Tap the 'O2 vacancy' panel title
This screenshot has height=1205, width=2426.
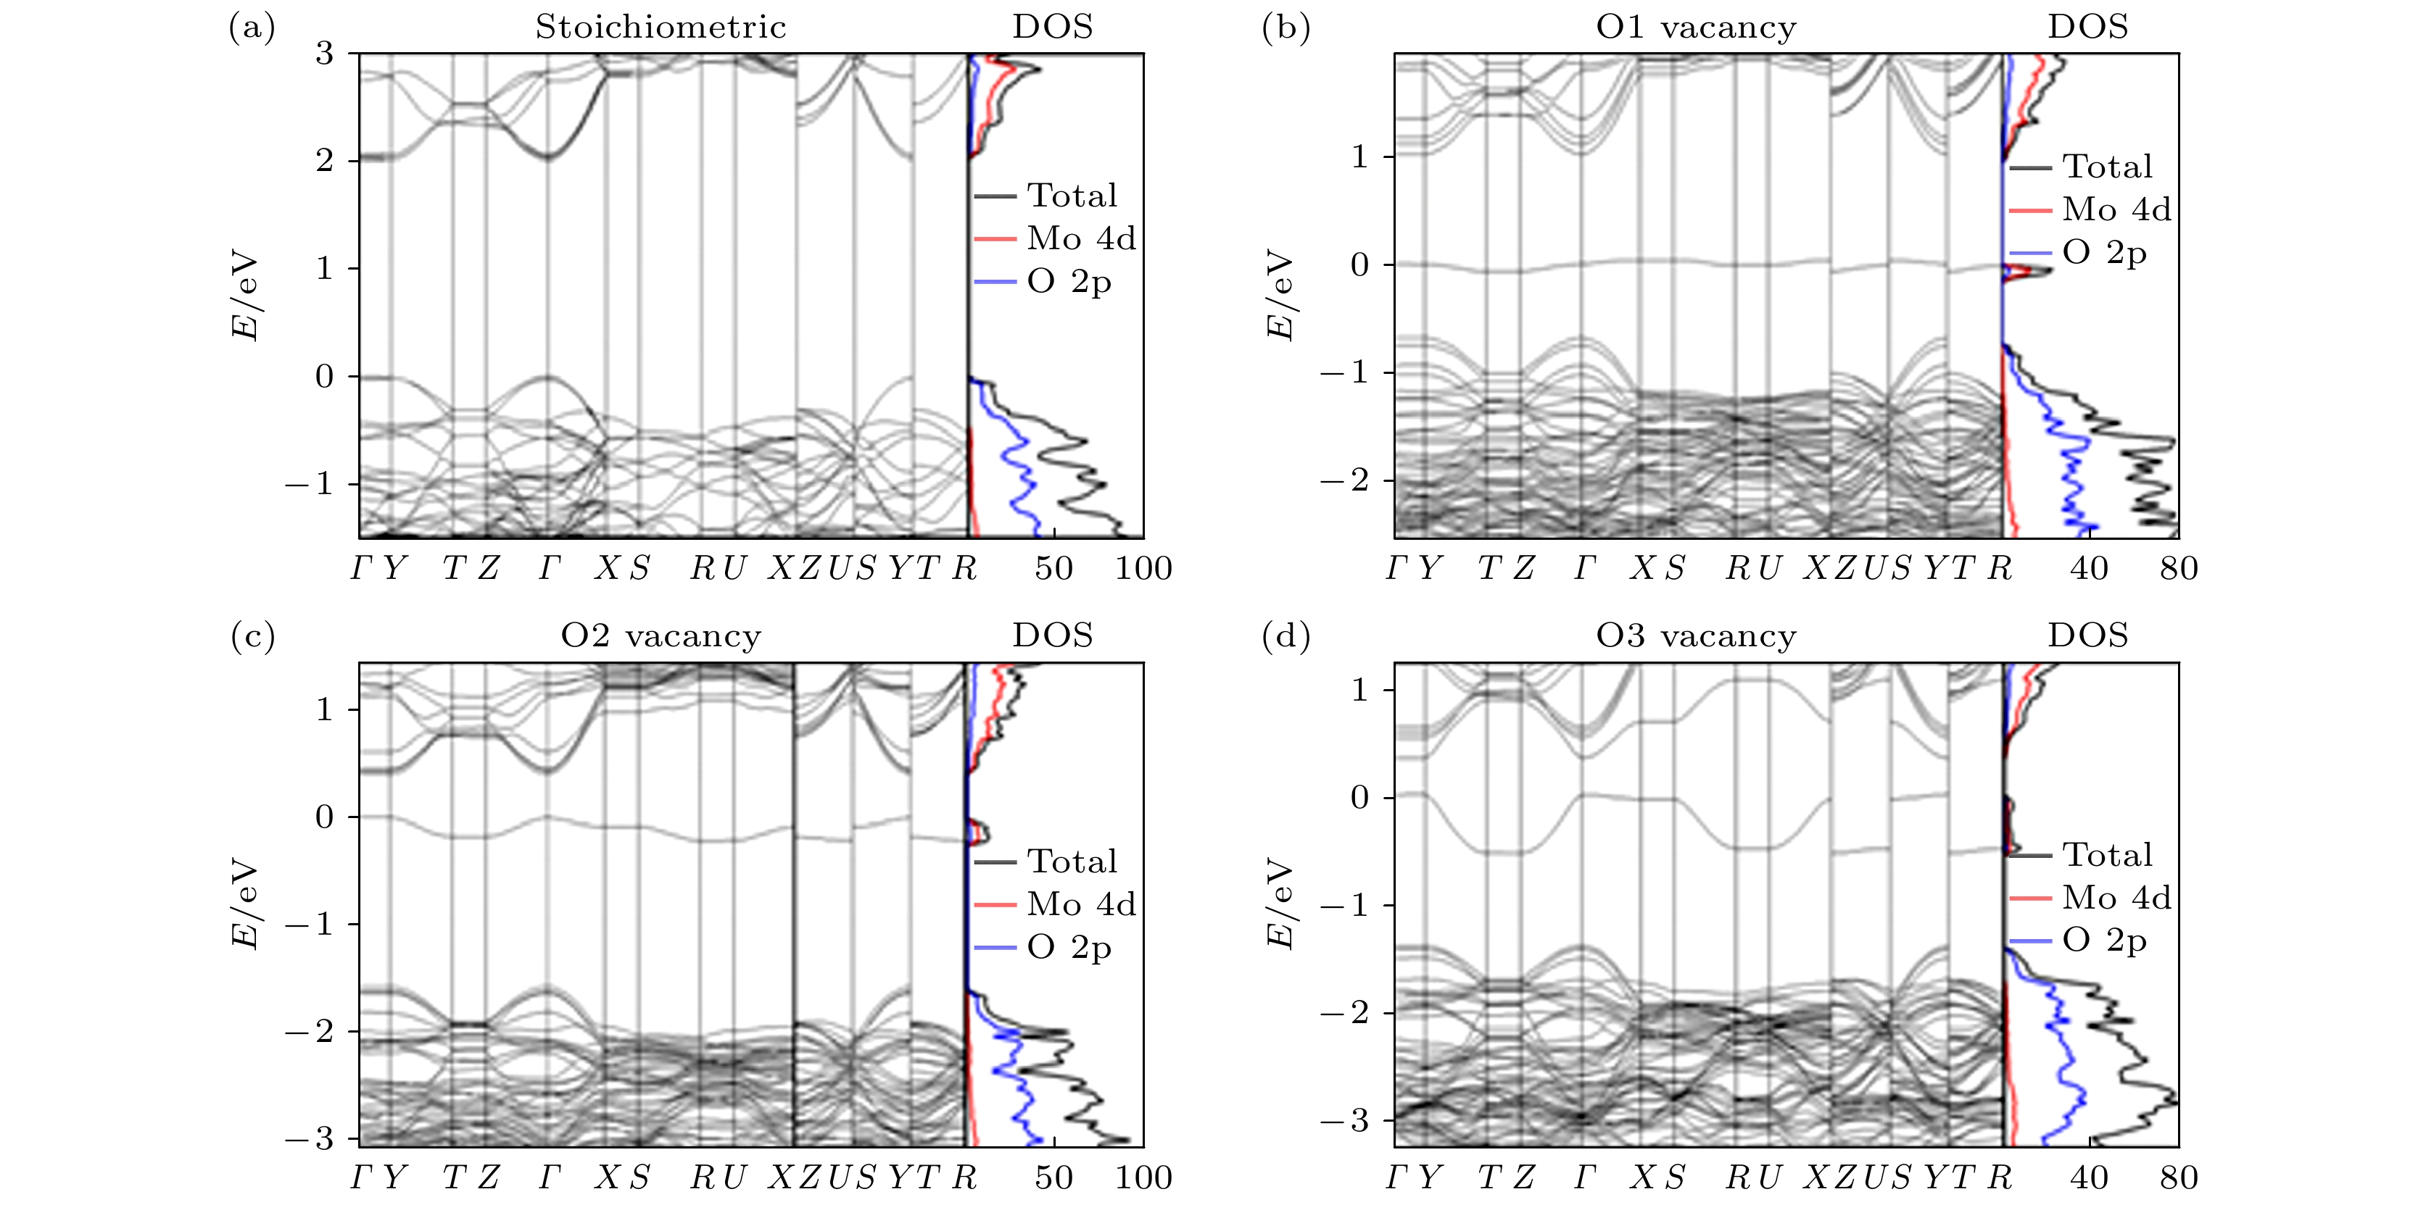tap(661, 636)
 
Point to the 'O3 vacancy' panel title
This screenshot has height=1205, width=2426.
tap(1695, 636)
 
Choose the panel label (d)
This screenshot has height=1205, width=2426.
tap(1286, 636)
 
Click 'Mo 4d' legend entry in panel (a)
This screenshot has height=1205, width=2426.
tap(1080, 238)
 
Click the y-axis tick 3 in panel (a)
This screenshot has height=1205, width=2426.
tap(324, 54)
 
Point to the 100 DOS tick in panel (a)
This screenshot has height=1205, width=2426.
tap(1143, 569)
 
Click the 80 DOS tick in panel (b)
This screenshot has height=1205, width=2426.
tap(2178, 569)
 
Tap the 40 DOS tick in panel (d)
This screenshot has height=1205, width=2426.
tap(2089, 1177)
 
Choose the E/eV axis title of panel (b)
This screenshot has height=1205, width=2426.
tap(1280, 295)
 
